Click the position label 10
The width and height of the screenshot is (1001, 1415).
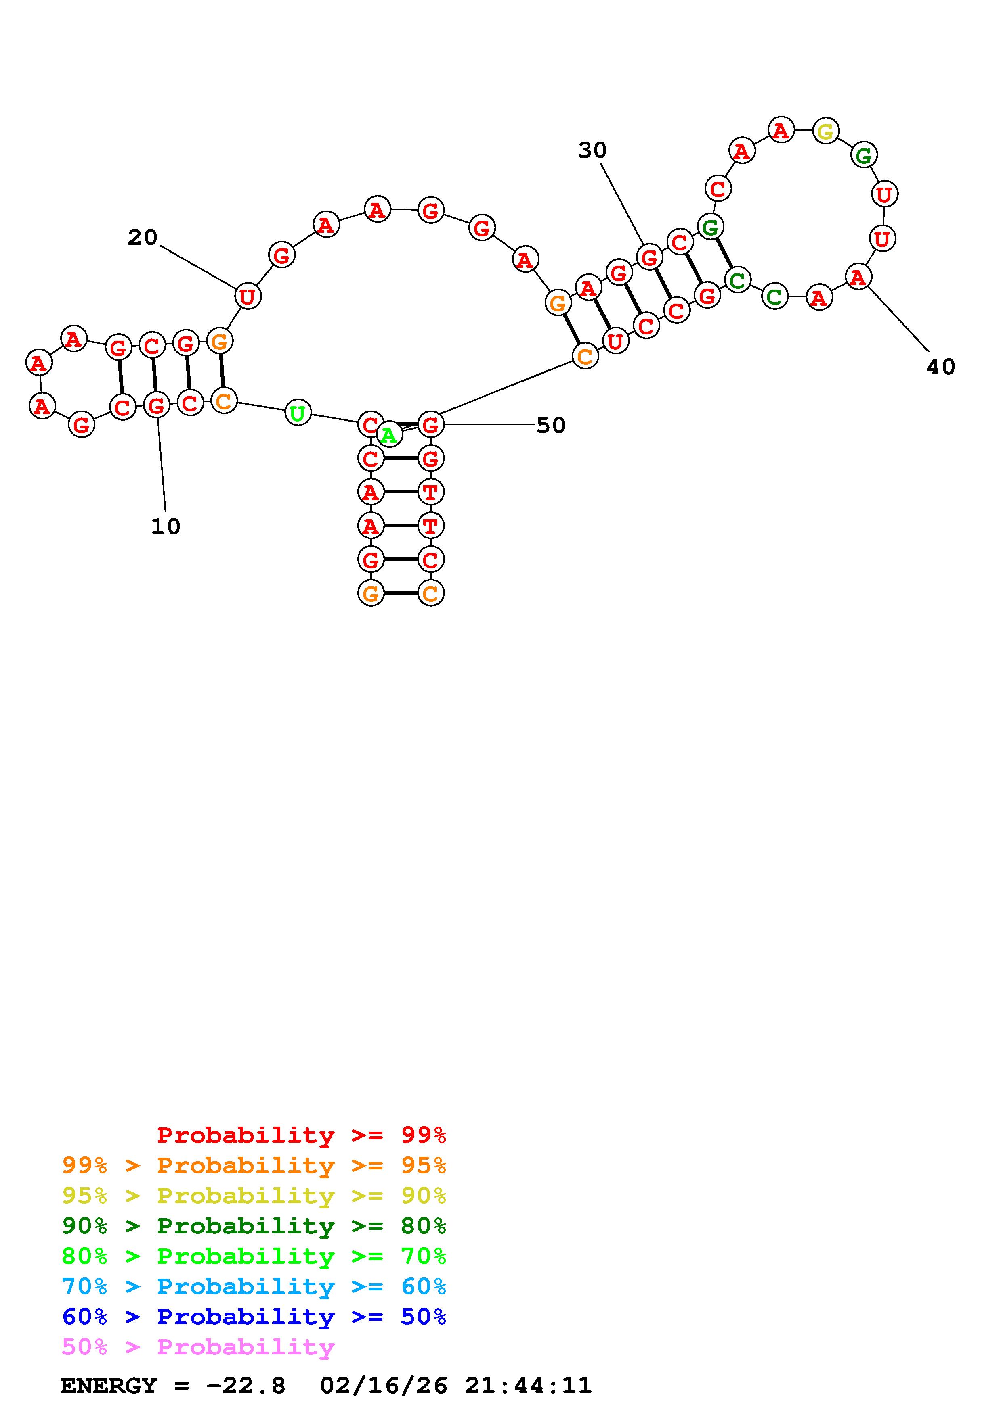165,526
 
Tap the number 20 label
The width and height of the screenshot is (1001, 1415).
143,237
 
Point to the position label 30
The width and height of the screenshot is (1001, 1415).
592,150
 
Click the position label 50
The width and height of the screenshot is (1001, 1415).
551,425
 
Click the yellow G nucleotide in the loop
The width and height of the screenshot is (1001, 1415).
825,131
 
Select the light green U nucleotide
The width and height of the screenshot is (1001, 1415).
298,413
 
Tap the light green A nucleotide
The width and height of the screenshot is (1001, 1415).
388,436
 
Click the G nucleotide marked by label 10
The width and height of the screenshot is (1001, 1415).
157,405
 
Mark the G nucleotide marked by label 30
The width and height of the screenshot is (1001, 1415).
649,257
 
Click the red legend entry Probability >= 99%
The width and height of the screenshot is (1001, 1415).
301,1135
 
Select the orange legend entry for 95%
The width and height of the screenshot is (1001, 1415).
254,1165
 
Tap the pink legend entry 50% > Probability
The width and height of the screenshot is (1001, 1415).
198,1347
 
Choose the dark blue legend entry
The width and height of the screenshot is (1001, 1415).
254,1317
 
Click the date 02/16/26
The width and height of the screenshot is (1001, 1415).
383,1386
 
